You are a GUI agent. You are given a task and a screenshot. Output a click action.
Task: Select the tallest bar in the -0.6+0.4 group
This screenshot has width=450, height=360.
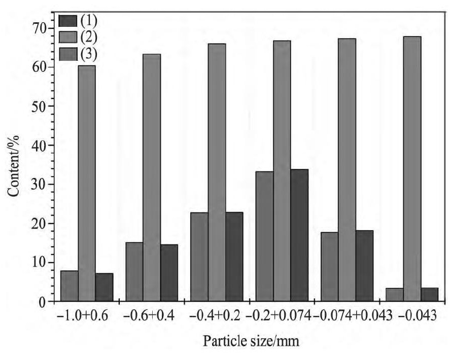(152, 177)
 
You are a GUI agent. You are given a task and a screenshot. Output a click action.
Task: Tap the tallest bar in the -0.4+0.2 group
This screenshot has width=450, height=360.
(217, 172)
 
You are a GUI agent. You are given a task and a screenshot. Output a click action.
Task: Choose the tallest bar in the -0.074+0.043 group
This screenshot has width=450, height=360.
(347, 170)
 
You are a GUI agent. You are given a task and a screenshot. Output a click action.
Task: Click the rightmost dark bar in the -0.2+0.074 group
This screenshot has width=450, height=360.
(299, 235)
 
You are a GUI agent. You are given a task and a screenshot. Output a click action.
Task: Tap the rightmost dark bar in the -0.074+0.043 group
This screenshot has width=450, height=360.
(364, 266)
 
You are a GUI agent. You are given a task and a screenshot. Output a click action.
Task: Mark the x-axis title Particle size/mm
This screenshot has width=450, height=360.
(251, 341)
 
